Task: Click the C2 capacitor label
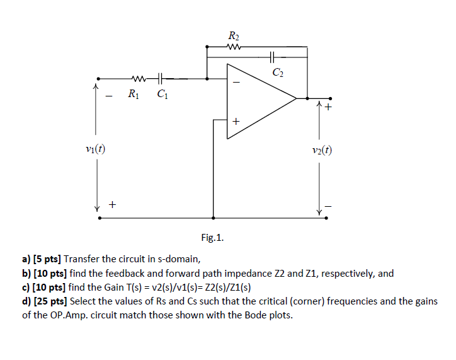click(278, 72)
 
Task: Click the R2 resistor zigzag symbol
click(233, 46)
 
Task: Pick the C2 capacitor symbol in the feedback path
click(272, 57)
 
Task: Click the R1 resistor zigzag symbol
click(139, 79)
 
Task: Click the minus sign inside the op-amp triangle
click(236, 82)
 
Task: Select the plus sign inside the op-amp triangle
click(236, 122)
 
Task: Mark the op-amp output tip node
click(307, 98)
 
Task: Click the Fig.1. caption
click(212, 238)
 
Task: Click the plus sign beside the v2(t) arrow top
click(328, 107)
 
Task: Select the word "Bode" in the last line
click(258, 315)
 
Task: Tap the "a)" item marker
click(26, 259)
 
